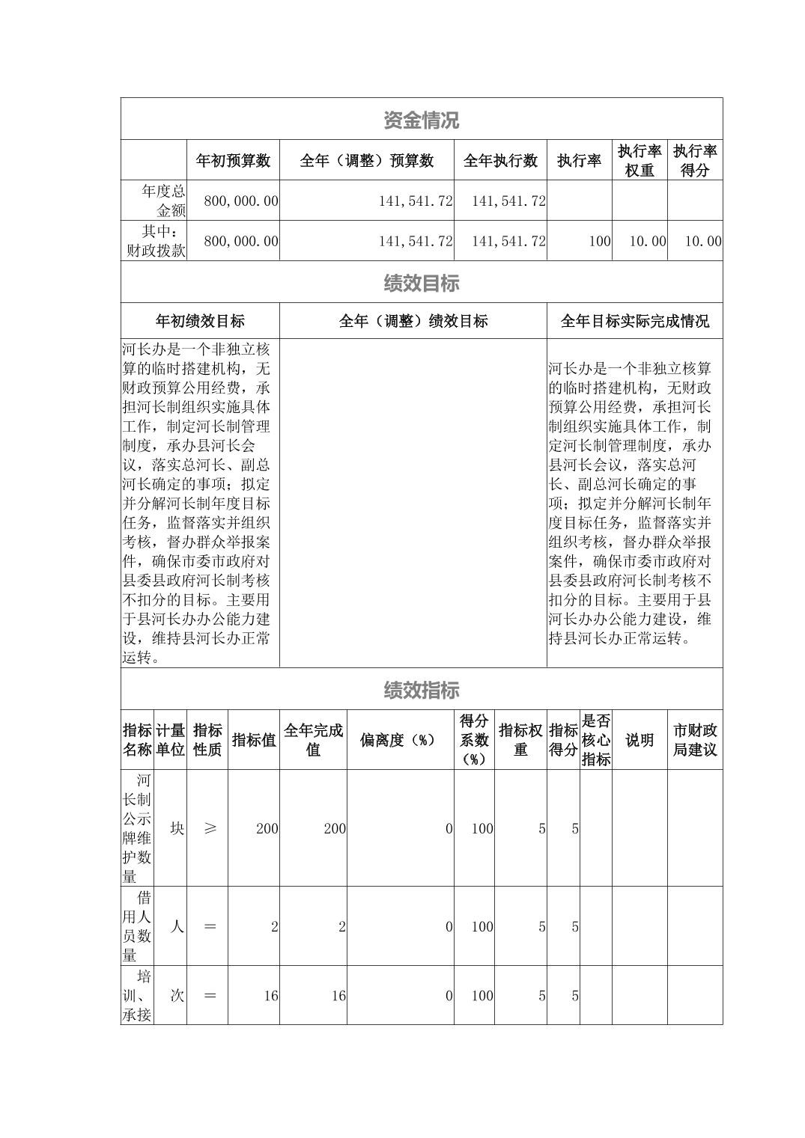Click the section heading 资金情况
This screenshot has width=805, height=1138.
[421, 120]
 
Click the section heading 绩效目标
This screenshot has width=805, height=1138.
[421, 284]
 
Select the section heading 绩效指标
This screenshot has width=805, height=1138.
[421, 691]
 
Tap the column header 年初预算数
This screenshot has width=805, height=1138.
[233, 161]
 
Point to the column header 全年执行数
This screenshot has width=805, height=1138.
[500, 161]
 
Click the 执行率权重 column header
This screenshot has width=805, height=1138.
[640, 161]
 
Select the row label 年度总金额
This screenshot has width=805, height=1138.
[154, 201]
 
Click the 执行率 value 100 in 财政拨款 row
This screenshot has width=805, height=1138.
[600, 241]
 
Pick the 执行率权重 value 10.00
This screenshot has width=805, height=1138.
[648, 241]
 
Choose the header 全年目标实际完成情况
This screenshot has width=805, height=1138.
[634, 322]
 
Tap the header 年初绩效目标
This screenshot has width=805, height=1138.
[200, 322]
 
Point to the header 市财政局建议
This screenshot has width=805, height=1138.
[694, 740]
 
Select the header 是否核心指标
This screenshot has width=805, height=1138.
[595, 740]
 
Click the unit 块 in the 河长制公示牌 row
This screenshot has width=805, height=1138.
[177, 828]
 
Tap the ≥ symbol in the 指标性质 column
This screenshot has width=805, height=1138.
[210, 828]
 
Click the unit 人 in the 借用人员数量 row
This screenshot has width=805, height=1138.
[177, 926]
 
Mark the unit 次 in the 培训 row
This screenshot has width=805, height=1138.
[177, 996]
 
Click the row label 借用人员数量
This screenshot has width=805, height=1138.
[137, 926]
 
